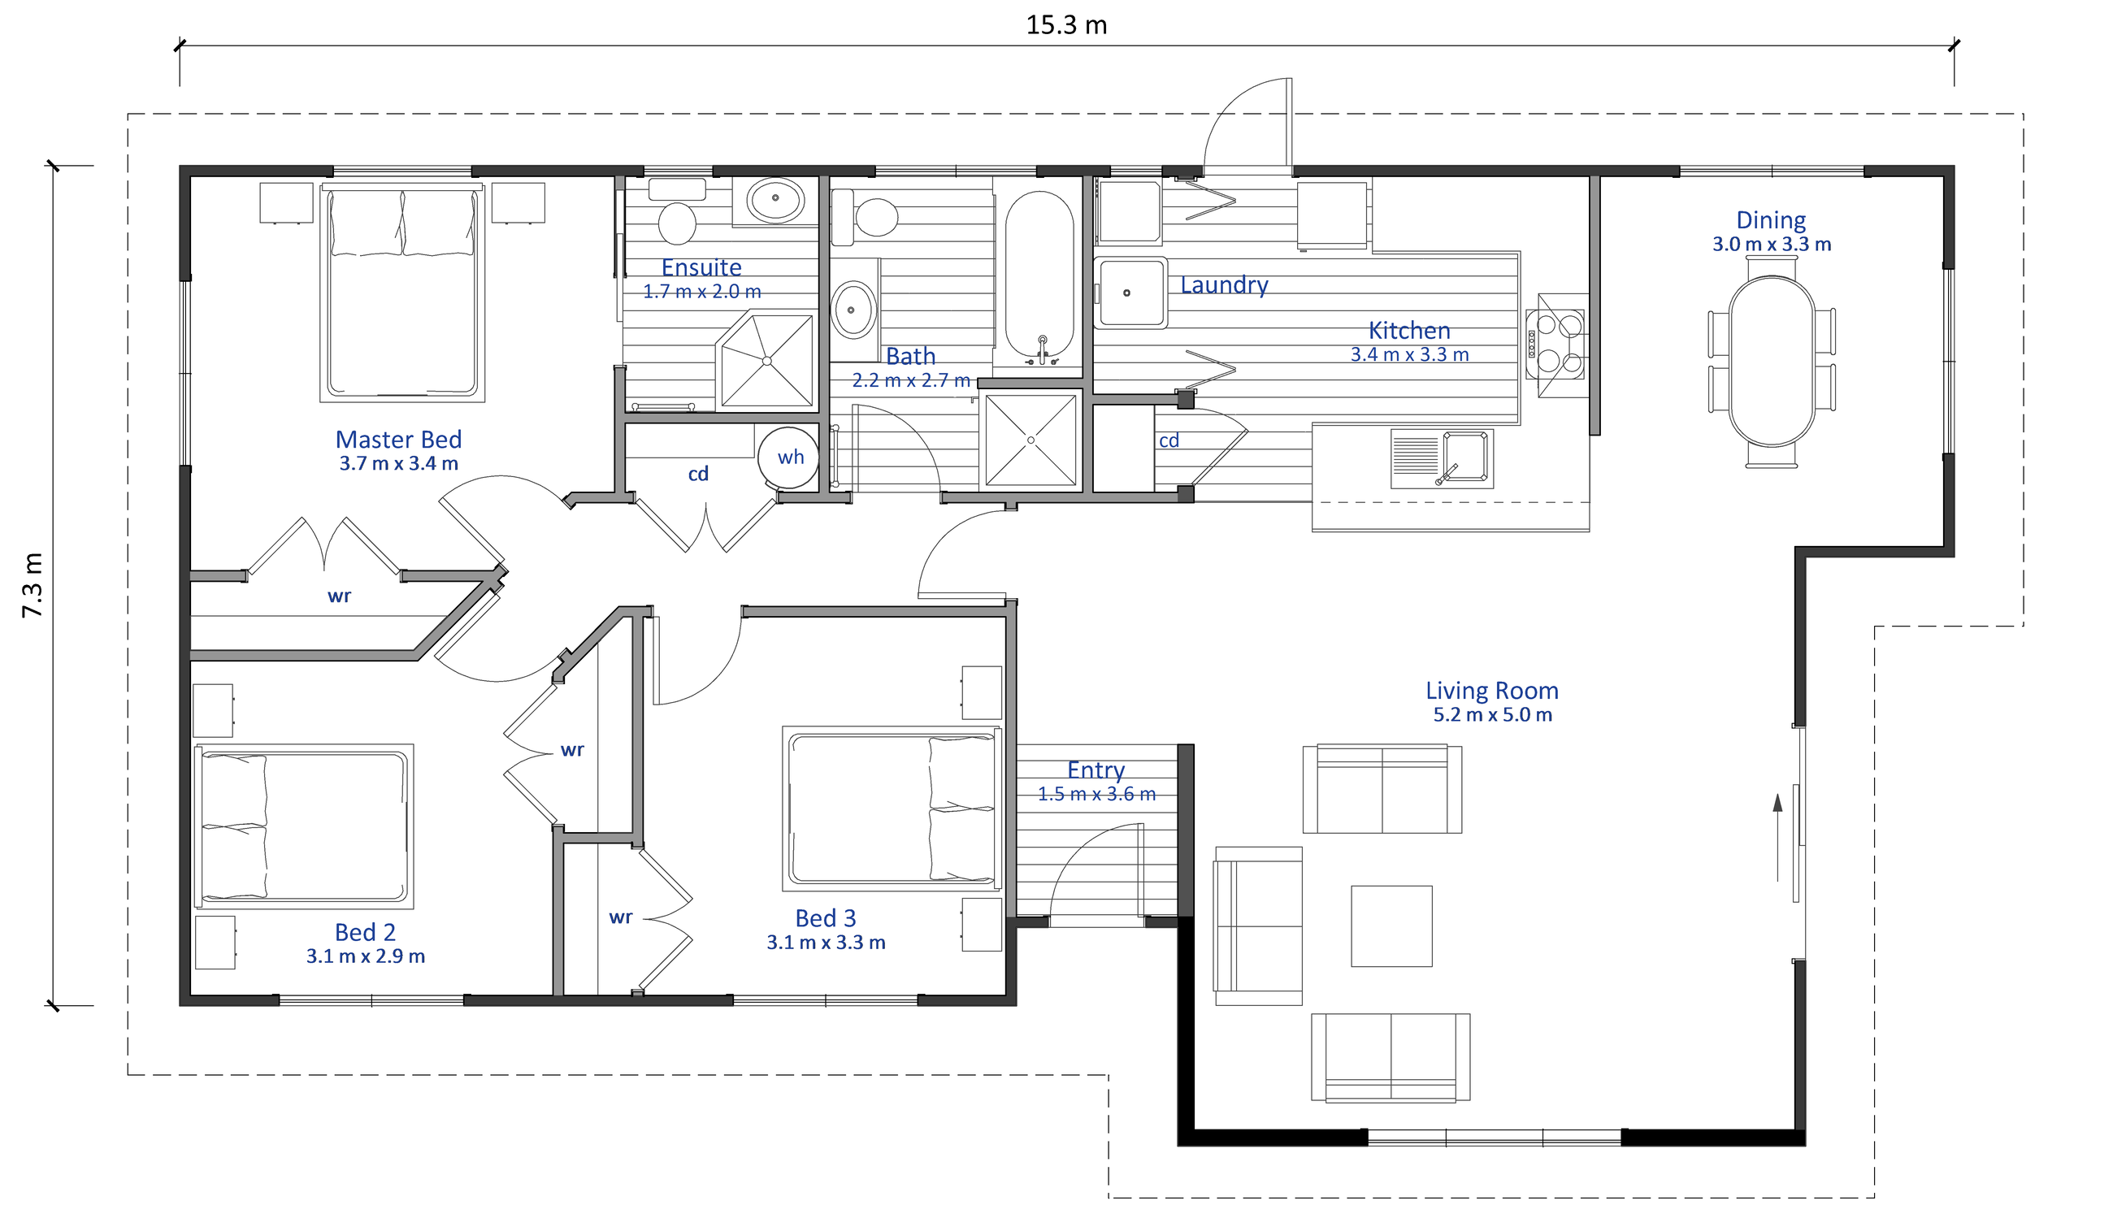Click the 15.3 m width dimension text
(x=1066, y=25)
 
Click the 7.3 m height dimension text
(x=32, y=585)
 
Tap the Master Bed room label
(x=398, y=440)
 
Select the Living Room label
(x=1492, y=691)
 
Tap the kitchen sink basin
(x=1466, y=457)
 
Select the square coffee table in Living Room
(x=1391, y=926)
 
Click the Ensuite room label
(x=701, y=267)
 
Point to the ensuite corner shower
(x=766, y=360)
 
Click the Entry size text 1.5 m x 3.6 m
(x=1096, y=794)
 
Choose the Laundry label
(x=1224, y=285)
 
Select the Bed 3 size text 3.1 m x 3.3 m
(x=827, y=942)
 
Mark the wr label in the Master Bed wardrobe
(x=340, y=596)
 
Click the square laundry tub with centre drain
(x=1130, y=293)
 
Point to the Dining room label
(x=1771, y=220)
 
